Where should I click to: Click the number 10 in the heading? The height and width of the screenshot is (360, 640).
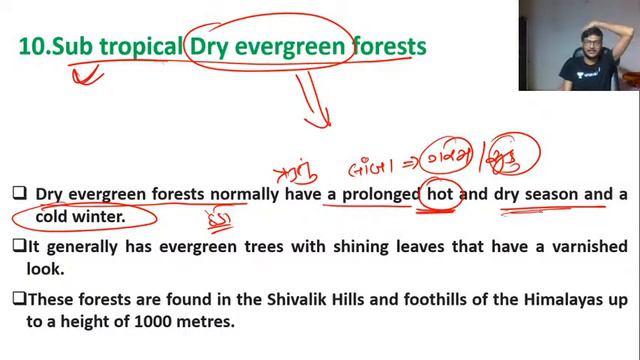click(32, 46)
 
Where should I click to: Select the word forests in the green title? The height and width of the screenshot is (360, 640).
click(388, 46)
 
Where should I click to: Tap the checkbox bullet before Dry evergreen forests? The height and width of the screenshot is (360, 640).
click(18, 195)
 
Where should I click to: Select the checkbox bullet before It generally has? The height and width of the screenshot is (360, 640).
click(18, 246)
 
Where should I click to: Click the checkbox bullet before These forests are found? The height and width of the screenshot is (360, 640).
click(18, 298)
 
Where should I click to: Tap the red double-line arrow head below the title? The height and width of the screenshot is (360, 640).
click(320, 120)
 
